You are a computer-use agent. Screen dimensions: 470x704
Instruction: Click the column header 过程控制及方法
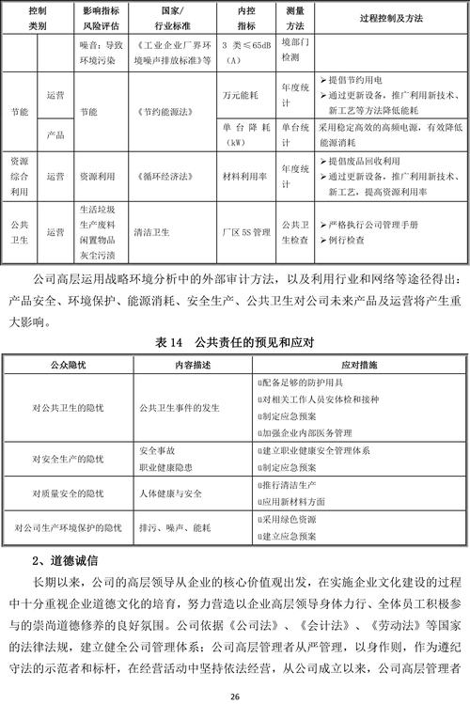point(384,19)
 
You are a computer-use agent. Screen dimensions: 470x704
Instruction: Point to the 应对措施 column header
point(357,363)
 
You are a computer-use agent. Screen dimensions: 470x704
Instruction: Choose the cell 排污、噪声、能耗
point(175,527)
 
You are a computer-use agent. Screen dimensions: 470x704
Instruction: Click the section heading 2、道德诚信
point(66,561)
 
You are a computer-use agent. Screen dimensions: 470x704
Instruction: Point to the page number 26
point(235,695)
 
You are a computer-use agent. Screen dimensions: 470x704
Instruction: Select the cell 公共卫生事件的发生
point(179,409)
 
